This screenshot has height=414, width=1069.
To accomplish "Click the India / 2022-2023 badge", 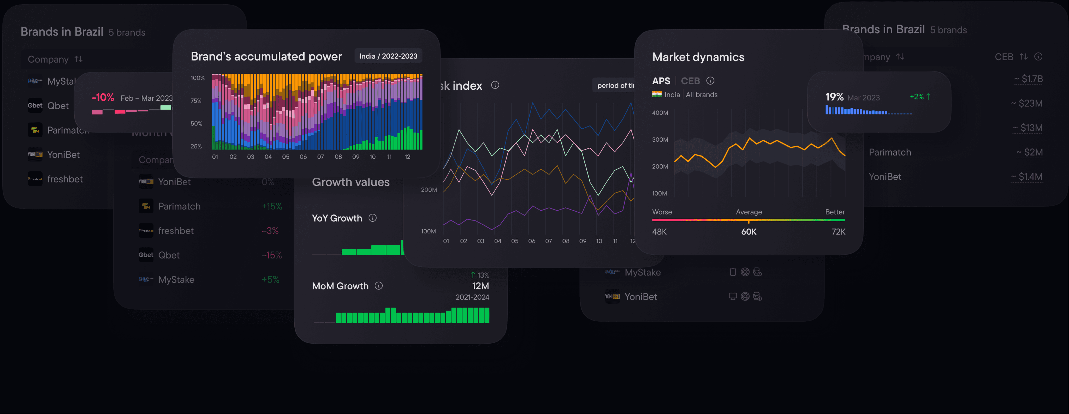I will pos(388,56).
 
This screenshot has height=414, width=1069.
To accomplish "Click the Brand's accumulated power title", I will pos(266,56).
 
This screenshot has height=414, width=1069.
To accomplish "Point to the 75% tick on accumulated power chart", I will pos(196,101).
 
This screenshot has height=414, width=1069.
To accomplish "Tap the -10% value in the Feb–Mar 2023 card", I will pos(103,98).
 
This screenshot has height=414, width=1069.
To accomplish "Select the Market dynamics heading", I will pos(698,57).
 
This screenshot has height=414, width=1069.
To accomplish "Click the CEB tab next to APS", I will pos(690,81).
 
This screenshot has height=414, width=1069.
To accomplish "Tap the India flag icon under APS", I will pos(657,95).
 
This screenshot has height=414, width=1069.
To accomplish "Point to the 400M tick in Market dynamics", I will pos(660,113).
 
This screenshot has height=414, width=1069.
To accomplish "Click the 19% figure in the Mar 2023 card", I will pos(834,97).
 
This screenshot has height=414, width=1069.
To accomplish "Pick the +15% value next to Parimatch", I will pos(272,206).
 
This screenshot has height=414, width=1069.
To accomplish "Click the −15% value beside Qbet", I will pos(271,255).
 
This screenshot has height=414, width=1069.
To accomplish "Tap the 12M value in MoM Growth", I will pos(480,286).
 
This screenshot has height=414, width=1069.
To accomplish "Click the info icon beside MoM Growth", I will pos(378,286).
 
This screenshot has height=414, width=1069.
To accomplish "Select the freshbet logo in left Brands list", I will pos(35,179).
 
